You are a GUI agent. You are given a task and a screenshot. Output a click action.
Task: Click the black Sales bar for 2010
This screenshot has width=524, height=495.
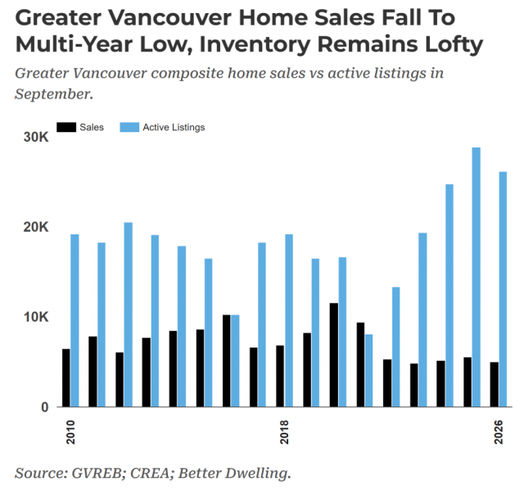coord(66,378)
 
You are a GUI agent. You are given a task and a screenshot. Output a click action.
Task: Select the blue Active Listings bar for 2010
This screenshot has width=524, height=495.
coord(75,320)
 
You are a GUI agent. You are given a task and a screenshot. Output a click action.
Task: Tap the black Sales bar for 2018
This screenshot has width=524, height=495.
coord(280,376)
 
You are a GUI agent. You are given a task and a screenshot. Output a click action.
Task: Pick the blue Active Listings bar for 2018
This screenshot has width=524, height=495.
coord(289,320)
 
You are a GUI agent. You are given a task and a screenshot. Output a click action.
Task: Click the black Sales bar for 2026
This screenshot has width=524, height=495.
coord(495,384)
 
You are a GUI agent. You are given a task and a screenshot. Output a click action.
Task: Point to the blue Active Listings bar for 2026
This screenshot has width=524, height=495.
coord(503,289)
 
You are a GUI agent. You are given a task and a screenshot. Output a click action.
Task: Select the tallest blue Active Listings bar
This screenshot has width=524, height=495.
coord(477,277)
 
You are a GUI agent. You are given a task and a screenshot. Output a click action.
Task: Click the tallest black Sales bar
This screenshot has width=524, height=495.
coord(333,355)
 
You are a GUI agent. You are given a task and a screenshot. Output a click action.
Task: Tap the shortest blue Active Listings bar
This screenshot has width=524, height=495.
coord(368,370)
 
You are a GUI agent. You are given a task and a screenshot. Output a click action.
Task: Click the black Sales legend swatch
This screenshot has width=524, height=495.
coord(66,127)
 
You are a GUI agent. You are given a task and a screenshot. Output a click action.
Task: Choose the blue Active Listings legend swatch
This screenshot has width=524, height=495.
coord(129,127)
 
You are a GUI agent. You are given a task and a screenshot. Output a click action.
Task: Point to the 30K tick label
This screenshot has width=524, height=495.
coord(36,137)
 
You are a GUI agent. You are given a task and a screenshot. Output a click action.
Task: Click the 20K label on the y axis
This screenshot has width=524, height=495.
coord(36,227)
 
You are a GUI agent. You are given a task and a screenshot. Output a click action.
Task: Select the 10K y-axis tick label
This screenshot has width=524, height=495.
coord(36,317)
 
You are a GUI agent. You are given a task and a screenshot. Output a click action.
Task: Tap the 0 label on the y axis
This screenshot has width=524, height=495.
coord(45,407)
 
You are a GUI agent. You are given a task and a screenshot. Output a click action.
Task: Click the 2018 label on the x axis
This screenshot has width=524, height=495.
coord(284,433)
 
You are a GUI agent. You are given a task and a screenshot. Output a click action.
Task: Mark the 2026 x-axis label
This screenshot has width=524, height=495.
coord(499,433)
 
